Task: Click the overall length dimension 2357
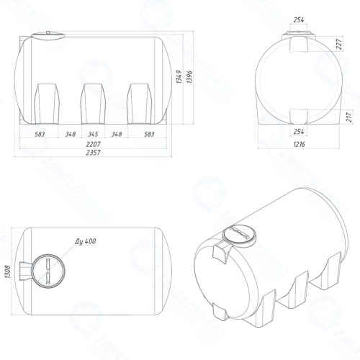93,153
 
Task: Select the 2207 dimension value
93,145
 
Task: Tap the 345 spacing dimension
93,134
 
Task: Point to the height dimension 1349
179,77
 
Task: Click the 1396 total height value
189,77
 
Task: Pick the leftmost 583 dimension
40,134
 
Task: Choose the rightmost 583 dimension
149,134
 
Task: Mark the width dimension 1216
299,144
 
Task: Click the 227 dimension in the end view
339,44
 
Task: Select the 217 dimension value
350,117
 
